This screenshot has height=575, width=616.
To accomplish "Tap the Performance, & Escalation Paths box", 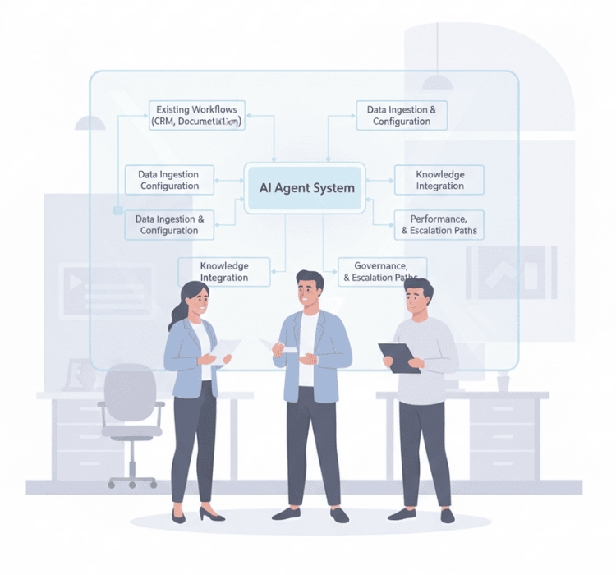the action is click(439, 224).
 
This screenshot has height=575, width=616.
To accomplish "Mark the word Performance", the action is click(438, 218).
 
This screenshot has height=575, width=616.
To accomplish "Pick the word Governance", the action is click(380, 266).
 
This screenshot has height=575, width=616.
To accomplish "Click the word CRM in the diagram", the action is click(163, 122).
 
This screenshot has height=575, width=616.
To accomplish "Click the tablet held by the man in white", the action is click(399, 358).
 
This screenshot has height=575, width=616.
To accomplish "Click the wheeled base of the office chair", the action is click(132, 480).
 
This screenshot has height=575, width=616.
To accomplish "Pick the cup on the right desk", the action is click(503, 383).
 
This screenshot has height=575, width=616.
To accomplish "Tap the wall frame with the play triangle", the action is click(108, 287).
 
